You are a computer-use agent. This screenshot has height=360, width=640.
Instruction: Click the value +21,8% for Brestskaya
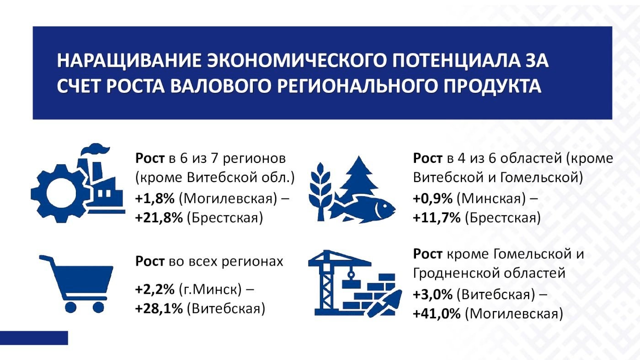pos(159,218)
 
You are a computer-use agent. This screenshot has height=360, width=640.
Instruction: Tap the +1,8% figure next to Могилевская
pos(155,199)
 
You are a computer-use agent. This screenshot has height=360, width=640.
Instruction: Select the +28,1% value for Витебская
pos(159,308)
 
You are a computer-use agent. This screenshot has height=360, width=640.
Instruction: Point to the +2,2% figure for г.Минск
pos(155,290)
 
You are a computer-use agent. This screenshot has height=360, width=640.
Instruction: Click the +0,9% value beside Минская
pos(433,199)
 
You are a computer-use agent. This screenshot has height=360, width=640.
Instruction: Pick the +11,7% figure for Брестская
pos(437,218)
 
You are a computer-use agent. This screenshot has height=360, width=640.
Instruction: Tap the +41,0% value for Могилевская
pos(437,314)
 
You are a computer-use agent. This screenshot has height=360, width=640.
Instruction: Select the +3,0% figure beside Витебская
pos(433,294)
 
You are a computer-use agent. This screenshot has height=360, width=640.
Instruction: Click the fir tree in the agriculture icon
pos(358,177)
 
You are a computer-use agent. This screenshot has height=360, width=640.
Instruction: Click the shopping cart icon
pos(76,284)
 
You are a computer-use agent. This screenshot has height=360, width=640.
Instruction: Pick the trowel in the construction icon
pos(384,304)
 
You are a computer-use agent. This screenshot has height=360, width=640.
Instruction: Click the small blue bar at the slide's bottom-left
pos(34,338)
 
